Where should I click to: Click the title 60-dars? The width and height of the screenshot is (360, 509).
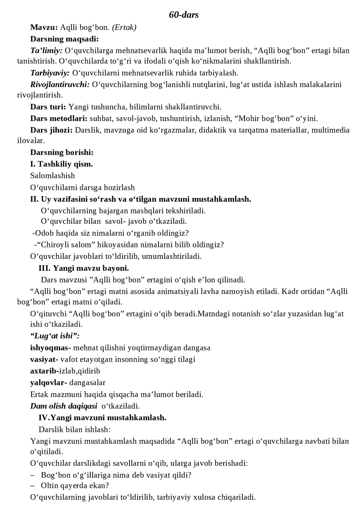tap(184, 15)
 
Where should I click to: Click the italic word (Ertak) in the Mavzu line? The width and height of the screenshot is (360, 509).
tap(124, 27)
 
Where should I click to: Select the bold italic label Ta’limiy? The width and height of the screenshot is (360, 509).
tap(46, 51)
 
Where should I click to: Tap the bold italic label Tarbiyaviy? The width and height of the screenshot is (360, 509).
tap(50, 73)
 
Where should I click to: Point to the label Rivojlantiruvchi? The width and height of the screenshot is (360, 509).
tap(60, 85)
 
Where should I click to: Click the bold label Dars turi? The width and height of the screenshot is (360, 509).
tap(48, 107)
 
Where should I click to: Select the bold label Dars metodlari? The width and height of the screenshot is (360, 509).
tap(59, 119)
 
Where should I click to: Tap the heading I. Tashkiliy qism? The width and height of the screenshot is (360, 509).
tap(62, 164)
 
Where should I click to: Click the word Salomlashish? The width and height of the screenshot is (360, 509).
tap(53, 176)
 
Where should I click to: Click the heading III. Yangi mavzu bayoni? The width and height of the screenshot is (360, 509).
tap(84, 268)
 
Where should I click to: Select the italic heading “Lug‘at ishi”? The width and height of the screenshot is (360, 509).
tap(55, 336)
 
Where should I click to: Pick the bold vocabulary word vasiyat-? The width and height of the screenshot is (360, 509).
tap(44, 359)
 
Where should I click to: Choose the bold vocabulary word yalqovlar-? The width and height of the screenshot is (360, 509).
tap(49, 383)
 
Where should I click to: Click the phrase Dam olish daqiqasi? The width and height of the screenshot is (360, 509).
tap(64, 406)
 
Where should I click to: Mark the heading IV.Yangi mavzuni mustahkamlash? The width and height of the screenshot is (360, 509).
tap(102, 418)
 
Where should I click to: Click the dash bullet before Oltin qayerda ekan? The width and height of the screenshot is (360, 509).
tap(33, 486)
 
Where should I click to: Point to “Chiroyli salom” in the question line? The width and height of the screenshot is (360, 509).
tap(68, 245)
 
